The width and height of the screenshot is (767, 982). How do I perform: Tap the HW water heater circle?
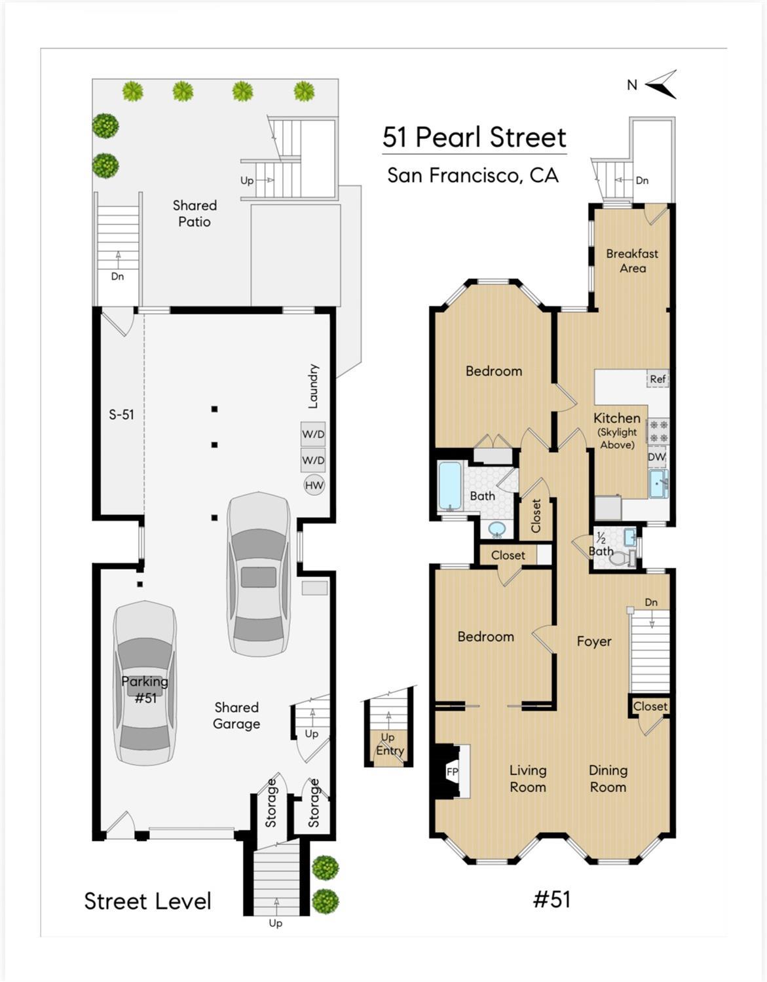(x=314, y=485)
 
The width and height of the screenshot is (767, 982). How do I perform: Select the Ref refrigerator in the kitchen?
(x=658, y=379)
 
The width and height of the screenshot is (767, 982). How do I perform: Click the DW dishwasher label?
(x=657, y=457)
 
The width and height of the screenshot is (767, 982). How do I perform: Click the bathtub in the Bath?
(x=450, y=485)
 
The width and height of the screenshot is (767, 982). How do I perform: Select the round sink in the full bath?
(x=497, y=528)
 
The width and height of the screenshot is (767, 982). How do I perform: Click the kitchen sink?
(x=658, y=483)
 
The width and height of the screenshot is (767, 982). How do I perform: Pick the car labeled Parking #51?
(x=145, y=683)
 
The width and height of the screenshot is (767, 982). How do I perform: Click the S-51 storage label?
(x=121, y=415)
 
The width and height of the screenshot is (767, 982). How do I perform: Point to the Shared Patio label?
(x=195, y=214)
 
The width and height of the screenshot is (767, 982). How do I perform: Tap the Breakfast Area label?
(x=632, y=261)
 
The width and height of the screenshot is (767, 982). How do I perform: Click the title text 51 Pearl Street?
(x=474, y=138)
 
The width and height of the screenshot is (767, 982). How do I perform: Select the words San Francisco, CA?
(x=473, y=176)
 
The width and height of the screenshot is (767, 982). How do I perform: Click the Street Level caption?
(x=147, y=901)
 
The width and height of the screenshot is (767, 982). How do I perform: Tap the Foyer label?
(x=594, y=641)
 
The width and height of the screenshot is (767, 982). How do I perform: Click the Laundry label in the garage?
(x=313, y=386)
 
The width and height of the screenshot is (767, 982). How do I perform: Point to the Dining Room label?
(x=608, y=779)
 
